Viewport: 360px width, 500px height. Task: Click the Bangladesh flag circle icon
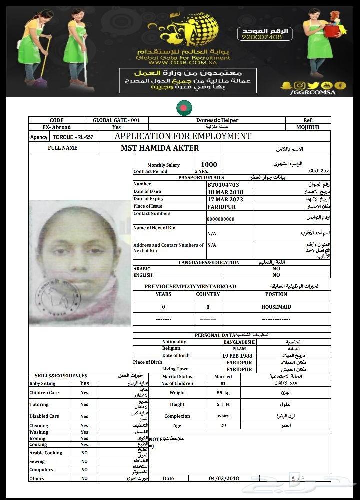pyautogui.click(x=184, y=107)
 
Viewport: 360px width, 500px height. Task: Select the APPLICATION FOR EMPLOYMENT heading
pyautogui.click(x=183, y=136)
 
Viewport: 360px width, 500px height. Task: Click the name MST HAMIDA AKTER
pyautogui.click(x=160, y=148)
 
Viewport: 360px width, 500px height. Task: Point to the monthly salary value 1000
pyautogui.click(x=209, y=164)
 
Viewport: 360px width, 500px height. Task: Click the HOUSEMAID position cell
pyautogui.click(x=276, y=307)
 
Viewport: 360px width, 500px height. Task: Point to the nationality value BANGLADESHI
pyautogui.click(x=239, y=342)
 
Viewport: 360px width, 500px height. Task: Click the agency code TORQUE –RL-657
pyautogui.click(x=73, y=137)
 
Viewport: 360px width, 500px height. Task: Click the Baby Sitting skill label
pyautogui.click(x=42, y=383)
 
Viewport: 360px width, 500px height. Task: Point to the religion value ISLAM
pyautogui.click(x=239, y=349)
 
